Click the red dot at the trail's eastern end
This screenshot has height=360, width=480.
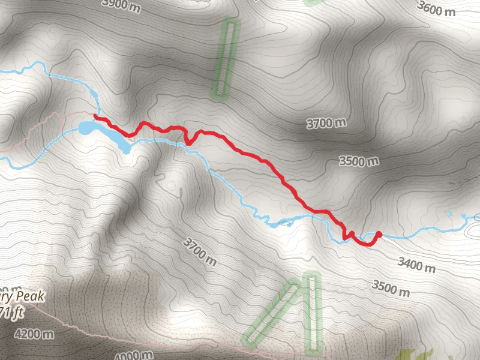coord(379,234)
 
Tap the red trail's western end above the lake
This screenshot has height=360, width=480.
coord(96,116)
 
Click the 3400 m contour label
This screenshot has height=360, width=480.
coord(416,263)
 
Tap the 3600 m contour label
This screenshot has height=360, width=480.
coord(439,9)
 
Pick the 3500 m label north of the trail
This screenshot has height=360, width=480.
coord(359,161)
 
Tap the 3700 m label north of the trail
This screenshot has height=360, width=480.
coord(326,124)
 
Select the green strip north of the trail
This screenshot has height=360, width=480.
coord(225,59)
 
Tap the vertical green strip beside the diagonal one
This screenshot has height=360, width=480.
coord(311,312)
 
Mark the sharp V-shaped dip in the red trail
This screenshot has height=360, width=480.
coord(188,142)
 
